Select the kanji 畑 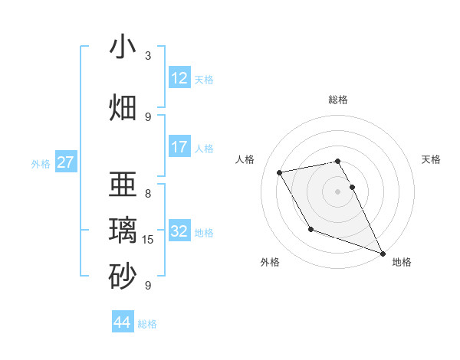(x=123, y=107)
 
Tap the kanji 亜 (x=123, y=185)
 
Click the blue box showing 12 (x=179, y=78)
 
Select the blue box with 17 (x=179, y=147)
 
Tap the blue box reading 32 (x=179, y=231)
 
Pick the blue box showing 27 (x=65, y=162)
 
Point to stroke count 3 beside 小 (x=148, y=56)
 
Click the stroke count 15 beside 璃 (x=148, y=240)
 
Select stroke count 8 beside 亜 (x=148, y=193)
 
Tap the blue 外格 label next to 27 (x=41, y=163)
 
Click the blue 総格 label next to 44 (x=147, y=324)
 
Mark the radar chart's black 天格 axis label (x=431, y=159)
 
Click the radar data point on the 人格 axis (x=280, y=173)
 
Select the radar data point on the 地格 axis (x=383, y=254)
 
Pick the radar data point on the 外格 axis (x=310, y=229)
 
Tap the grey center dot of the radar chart (x=337, y=191)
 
